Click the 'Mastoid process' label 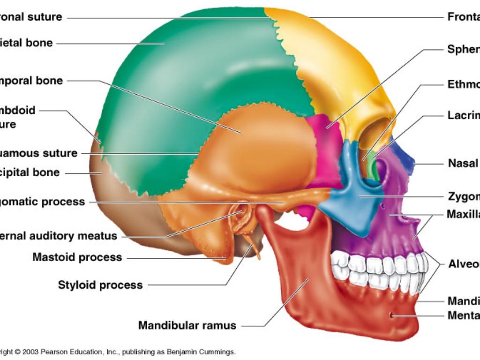pyautogui.click(x=77, y=257)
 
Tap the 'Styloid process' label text pyautogui.click(x=100, y=285)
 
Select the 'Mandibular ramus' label pyautogui.click(x=187, y=325)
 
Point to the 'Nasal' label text pyautogui.click(x=463, y=164)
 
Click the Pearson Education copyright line pyautogui.click(x=117, y=352)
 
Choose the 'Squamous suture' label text pyautogui.click(x=40, y=153)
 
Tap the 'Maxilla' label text pyautogui.click(x=463, y=215)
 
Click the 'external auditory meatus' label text pyautogui.click(x=59, y=236)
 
